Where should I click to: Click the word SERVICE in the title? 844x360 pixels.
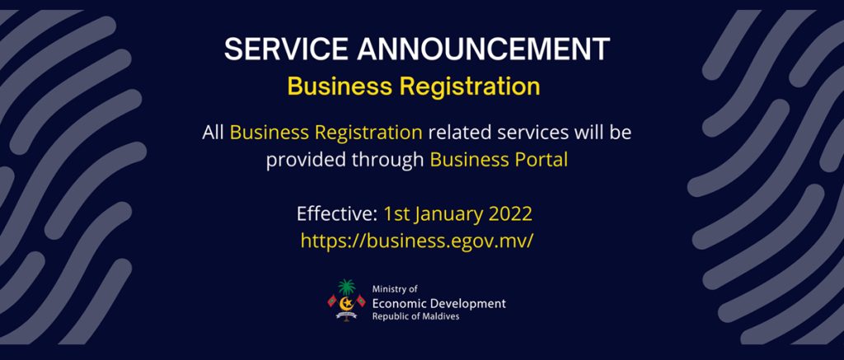coord(287,49)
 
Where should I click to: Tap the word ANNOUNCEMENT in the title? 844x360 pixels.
coord(483,49)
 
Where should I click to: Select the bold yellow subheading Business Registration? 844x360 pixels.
coord(414,86)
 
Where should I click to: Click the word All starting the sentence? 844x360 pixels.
coord(213,133)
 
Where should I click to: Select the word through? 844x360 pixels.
coord(385,161)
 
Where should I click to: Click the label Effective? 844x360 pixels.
coord(337,214)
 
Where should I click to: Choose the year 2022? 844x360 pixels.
coord(510,214)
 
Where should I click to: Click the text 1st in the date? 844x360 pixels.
coord(396,214)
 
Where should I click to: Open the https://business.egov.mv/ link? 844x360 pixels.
coord(416,241)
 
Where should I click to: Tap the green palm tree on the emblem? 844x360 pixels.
coord(347,287)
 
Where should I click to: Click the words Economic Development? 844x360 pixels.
coord(438,303)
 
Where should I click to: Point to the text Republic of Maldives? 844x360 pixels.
coord(415,316)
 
